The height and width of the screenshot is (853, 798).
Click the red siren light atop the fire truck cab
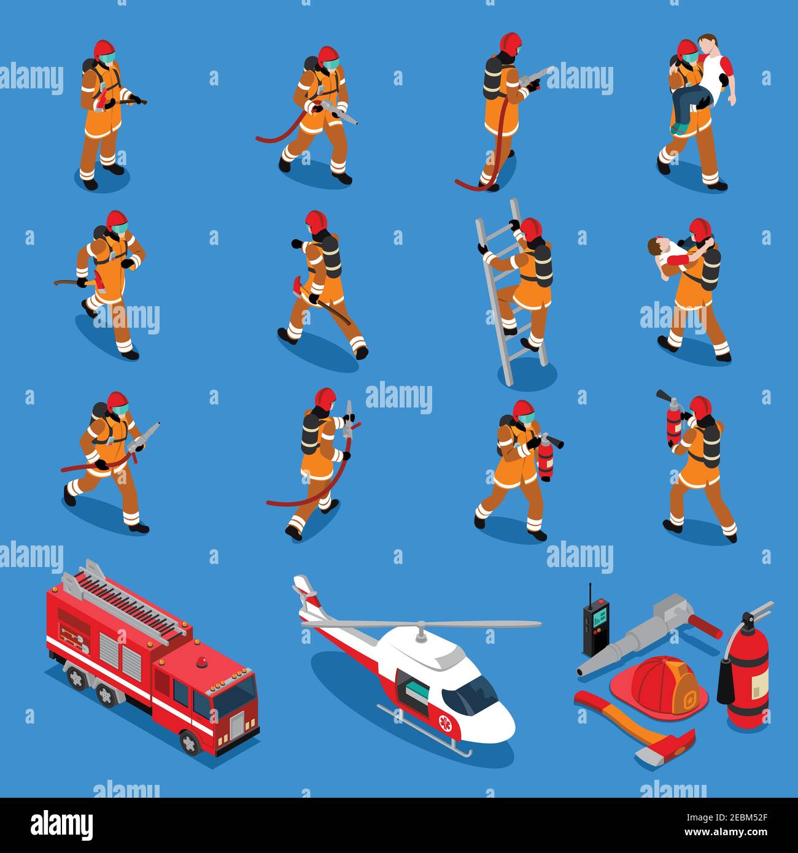pyautogui.click(x=202, y=662)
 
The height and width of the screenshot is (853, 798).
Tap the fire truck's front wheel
pyautogui.click(x=190, y=743)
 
